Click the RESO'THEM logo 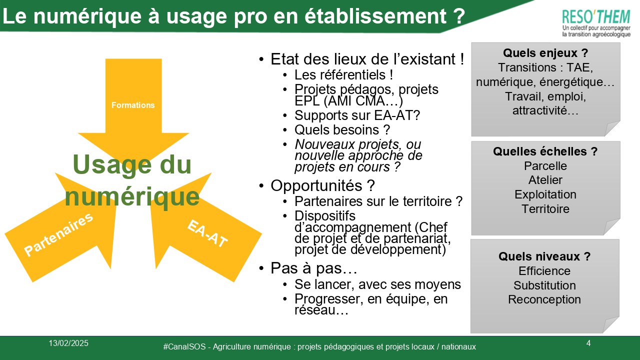(596, 23)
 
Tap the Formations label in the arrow (133, 105)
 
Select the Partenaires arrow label (58, 234)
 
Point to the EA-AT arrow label (207, 233)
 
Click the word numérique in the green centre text (132, 196)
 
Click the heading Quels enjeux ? (545, 53)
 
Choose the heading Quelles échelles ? (545, 151)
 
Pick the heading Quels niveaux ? (544, 256)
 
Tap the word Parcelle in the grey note (545, 166)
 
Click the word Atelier (545, 180)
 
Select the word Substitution (544, 285)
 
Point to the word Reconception (544, 299)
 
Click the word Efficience (544, 271)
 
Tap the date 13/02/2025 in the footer (68, 343)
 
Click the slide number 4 (588, 343)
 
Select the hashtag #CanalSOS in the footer (184, 347)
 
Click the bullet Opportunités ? (322, 185)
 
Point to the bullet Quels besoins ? (342, 130)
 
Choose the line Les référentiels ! (343, 75)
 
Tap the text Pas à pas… (313, 268)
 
